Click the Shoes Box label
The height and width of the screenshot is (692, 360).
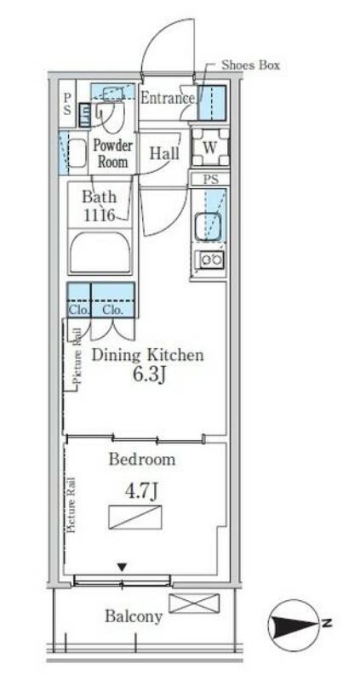250,66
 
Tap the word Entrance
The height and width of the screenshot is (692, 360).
167,98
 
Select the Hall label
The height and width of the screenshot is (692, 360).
164,153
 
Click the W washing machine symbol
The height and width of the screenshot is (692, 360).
210,147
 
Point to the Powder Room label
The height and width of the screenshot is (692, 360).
112,153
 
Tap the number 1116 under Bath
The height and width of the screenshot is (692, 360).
100,215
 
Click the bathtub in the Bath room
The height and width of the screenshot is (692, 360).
100,253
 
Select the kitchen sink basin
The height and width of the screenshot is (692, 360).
208,226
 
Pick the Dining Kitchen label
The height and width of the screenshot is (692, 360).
147,355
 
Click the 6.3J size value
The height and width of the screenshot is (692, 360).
150,375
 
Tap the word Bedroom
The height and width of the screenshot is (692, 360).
141,460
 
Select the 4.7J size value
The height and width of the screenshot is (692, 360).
140,492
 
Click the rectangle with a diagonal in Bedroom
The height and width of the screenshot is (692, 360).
135,518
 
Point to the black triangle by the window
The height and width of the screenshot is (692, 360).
123,567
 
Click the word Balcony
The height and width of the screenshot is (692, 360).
134,616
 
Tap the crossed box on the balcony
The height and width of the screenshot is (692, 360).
194,603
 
